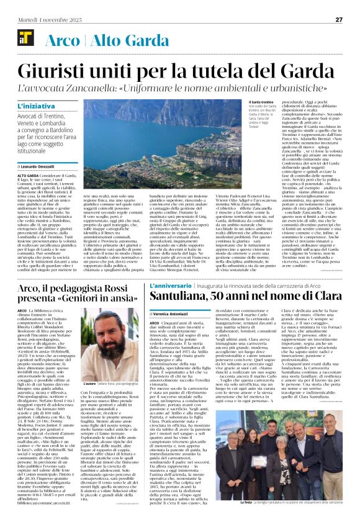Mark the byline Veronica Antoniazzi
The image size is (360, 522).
coord(188,315)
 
